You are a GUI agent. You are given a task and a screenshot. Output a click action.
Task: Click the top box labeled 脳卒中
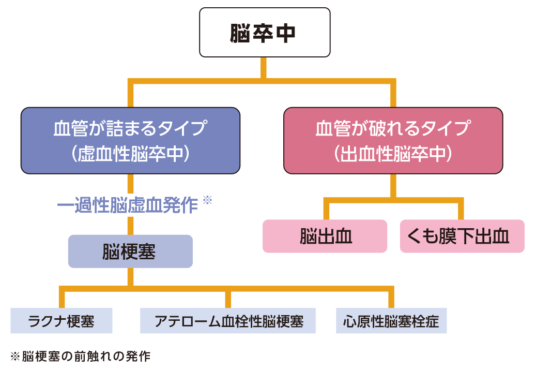(x=265, y=32)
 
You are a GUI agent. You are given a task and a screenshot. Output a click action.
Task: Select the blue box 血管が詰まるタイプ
(x=130, y=128)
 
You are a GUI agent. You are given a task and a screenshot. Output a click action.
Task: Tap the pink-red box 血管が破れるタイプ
(x=393, y=128)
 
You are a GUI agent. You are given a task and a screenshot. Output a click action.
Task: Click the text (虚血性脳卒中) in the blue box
(x=130, y=154)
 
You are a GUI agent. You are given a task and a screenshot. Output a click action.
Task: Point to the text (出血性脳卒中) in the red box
(x=393, y=154)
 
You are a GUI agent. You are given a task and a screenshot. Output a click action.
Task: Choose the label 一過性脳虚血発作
(x=128, y=205)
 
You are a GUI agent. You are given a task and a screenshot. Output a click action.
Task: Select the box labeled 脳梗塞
(x=130, y=251)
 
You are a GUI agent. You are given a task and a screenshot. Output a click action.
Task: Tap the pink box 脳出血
(x=325, y=236)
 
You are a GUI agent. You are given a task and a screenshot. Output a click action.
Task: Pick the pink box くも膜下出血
(x=462, y=236)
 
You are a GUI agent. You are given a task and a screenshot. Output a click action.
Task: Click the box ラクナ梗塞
(x=62, y=321)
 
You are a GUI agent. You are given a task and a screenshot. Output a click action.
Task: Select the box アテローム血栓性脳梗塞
(x=228, y=321)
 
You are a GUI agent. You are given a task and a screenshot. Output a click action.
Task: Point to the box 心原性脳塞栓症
(x=391, y=321)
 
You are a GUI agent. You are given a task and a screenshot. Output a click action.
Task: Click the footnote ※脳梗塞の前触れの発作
(x=80, y=357)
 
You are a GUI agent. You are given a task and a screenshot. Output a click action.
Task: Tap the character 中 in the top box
(x=286, y=32)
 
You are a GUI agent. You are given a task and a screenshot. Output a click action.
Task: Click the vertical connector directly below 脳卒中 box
(x=264, y=67)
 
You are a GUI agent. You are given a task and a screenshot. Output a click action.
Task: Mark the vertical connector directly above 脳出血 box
(x=326, y=210)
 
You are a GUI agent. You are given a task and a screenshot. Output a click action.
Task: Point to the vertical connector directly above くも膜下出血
(x=461, y=210)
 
